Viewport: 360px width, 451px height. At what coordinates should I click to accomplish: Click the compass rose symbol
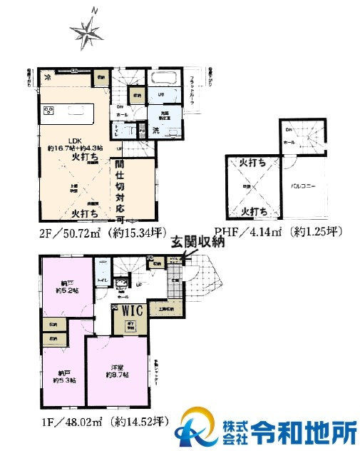coord(87,29)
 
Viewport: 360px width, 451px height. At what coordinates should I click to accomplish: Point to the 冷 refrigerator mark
coord(46,76)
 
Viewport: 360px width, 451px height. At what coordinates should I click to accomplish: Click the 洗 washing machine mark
coord(155,130)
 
